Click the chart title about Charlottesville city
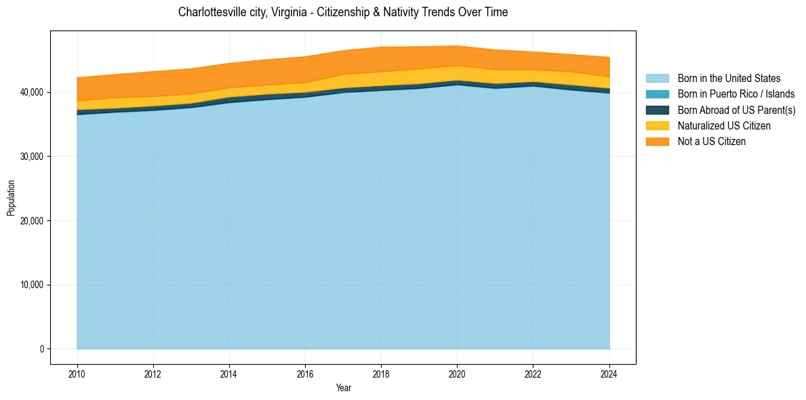point(343,12)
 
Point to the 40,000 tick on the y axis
point(33,92)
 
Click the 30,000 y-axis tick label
point(33,157)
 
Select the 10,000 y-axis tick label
point(33,285)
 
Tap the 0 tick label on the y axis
point(41,349)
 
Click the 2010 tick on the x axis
point(77,373)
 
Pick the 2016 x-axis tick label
point(305,373)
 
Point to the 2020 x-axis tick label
point(458,373)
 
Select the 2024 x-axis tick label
point(609,373)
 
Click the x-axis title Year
point(343,388)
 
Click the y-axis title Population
point(11,198)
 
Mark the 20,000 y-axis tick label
point(33,221)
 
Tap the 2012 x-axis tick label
point(153,373)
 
